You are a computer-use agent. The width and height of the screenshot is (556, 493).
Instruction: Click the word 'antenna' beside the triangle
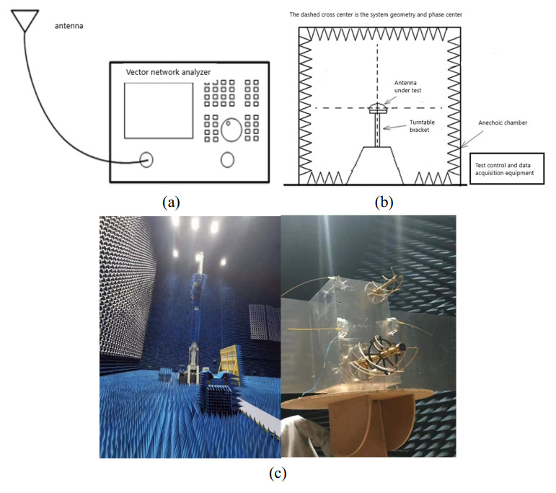(x=71, y=27)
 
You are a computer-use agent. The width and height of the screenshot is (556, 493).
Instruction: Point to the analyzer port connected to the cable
(x=146, y=160)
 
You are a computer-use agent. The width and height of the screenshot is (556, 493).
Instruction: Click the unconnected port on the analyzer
(x=227, y=160)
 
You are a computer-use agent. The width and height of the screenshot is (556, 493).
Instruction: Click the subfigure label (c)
(x=277, y=474)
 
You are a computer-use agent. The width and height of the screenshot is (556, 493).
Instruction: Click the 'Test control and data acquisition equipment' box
(x=508, y=168)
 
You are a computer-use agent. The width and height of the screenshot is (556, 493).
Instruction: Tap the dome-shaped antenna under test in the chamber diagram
(x=377, y=108)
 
